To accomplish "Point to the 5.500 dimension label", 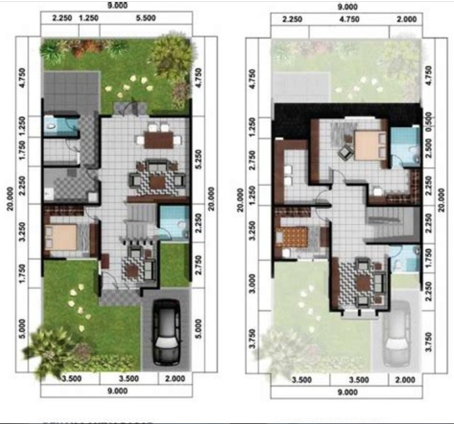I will (x=147, y=19).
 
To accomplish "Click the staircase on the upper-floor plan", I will (x=388, y=224).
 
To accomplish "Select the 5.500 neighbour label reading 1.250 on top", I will (x=88, y=19).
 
